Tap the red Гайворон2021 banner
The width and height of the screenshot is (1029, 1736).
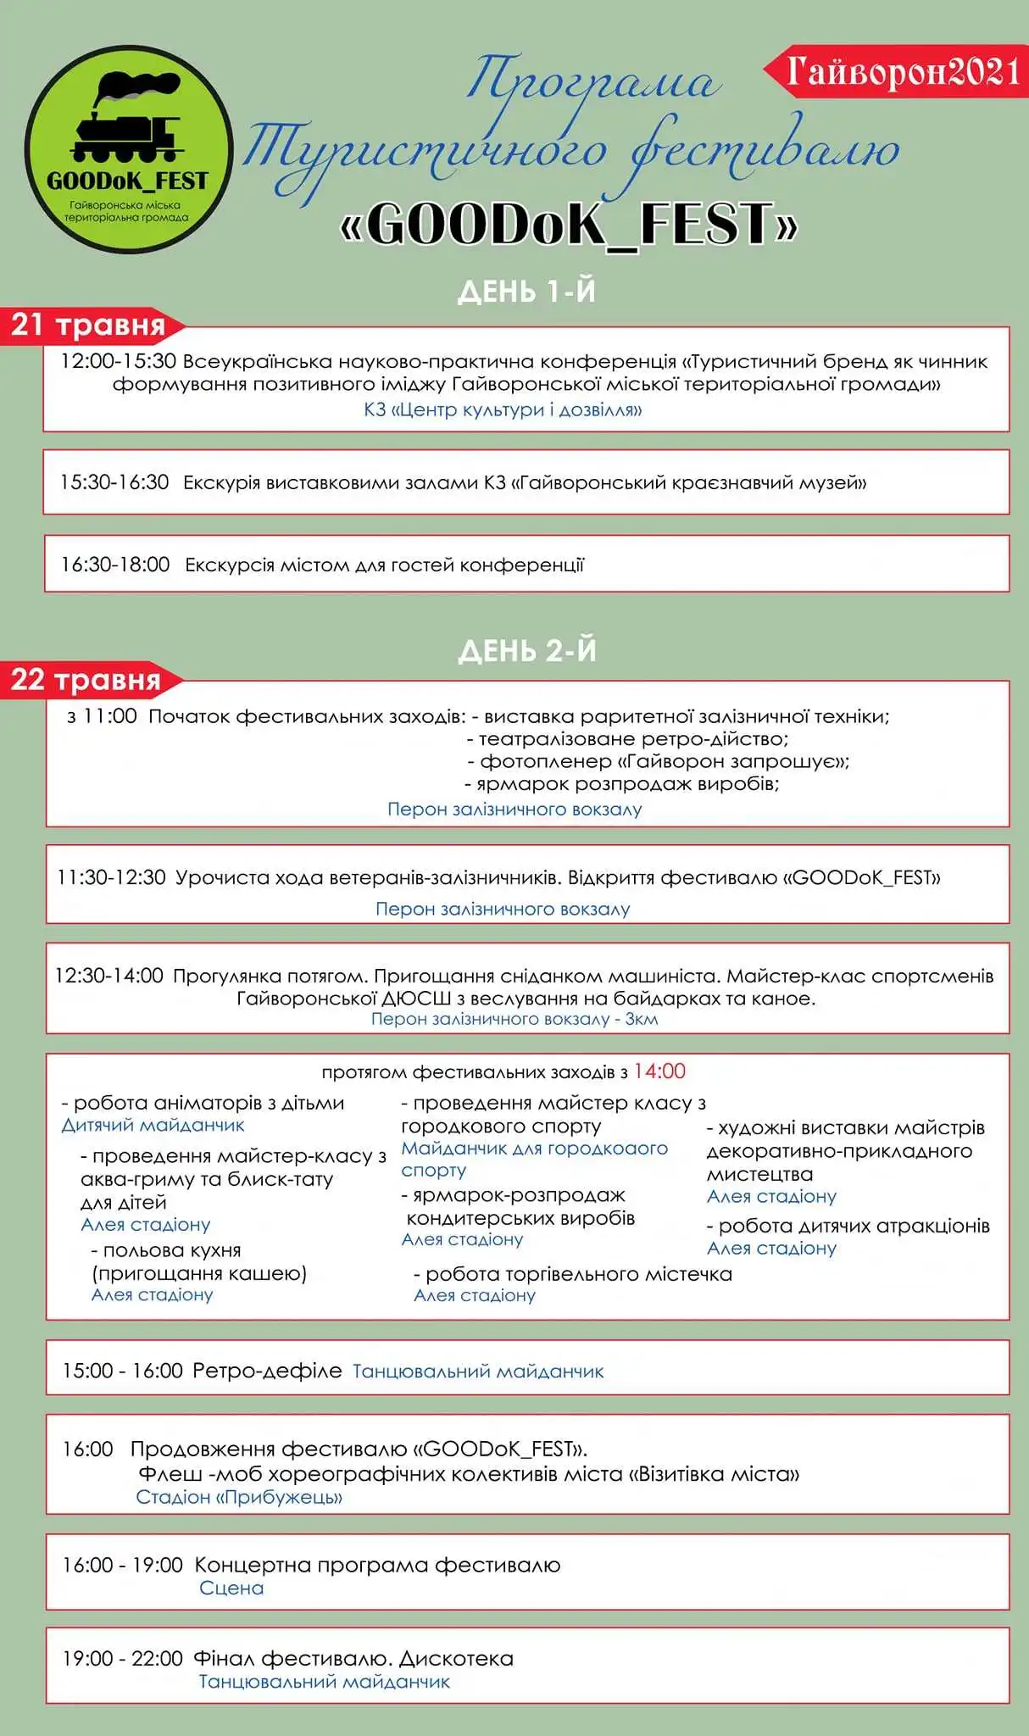click(x=900, y=72)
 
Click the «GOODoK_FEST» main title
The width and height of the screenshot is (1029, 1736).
click(x=569, y=225)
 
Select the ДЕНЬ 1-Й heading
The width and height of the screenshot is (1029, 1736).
click(x=526, y=292)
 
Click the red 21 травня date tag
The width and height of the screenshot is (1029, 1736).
click(x=88, y=325)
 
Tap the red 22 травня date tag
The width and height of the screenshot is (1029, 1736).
click(x=86, y=680)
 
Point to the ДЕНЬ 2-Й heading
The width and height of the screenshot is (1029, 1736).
click(x=526, y=651)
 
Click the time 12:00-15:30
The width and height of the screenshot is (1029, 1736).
click(x=118, y=362)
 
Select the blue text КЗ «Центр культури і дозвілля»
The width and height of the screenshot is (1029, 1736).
click(x=503, y=410)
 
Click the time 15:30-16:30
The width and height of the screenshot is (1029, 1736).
click(x=114, y=483)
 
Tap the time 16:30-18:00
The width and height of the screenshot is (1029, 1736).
click(x=115, y=565)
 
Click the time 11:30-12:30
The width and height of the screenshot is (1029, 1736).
click(x=111, y=877)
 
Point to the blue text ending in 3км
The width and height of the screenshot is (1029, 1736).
click(x=514, y=1019)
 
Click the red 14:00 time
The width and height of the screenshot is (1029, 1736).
click(x=659, y=1071)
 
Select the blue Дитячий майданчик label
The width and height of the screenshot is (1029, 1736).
click(x=153, y=1126)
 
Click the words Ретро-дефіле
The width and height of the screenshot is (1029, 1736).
click(x=267, y=1371)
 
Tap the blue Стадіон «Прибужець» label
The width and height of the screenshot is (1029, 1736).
click(x=239, y=1497)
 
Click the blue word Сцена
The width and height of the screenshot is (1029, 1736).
click(x=231, y=1588)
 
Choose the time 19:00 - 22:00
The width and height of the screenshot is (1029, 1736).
click(x=122, y=1658)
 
